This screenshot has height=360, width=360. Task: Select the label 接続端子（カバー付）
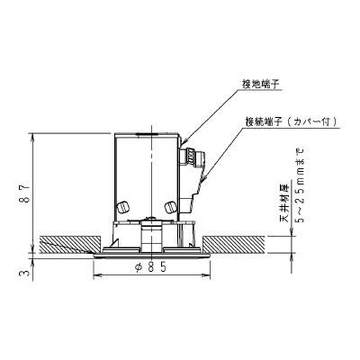coord(291,121)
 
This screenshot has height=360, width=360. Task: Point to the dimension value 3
coord(26,273)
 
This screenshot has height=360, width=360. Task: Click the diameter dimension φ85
coord(151,267)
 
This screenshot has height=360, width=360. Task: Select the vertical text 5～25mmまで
coord(301,184)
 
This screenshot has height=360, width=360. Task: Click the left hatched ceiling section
coord(69,245)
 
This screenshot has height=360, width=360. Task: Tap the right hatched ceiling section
coord(233,245)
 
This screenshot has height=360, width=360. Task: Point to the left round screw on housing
coord(123,207)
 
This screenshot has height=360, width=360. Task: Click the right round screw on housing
coord(170,206)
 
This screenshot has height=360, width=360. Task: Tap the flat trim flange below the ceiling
coord(151,256)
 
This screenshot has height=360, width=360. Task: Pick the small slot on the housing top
coord(147,134)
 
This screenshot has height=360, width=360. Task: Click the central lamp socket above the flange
coord(152,237)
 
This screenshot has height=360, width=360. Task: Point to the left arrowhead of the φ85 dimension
coord(96,274)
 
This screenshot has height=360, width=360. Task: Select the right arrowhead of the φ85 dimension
coord(207,274)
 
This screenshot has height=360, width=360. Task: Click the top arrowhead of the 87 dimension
coord(32,136)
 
